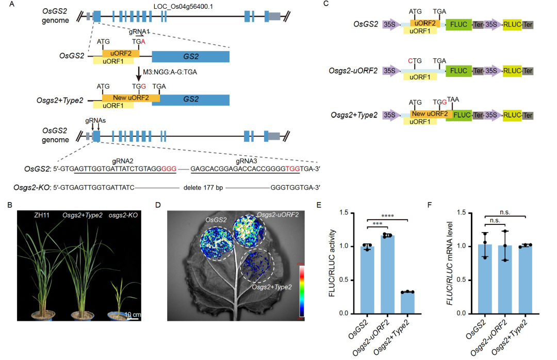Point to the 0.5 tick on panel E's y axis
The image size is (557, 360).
359,280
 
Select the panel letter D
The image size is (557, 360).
158,205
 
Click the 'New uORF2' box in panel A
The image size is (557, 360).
127,97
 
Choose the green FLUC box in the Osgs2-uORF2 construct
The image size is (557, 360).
458,70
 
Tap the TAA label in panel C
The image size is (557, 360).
453,99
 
